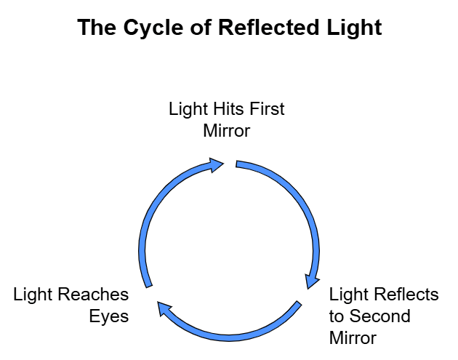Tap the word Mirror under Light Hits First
point(226,132)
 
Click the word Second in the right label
point(380,316)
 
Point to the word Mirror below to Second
point(353,338)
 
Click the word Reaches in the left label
point(92,295)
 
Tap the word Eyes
point(109,316)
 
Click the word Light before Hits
point(187,110)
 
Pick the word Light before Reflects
point(350,295)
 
